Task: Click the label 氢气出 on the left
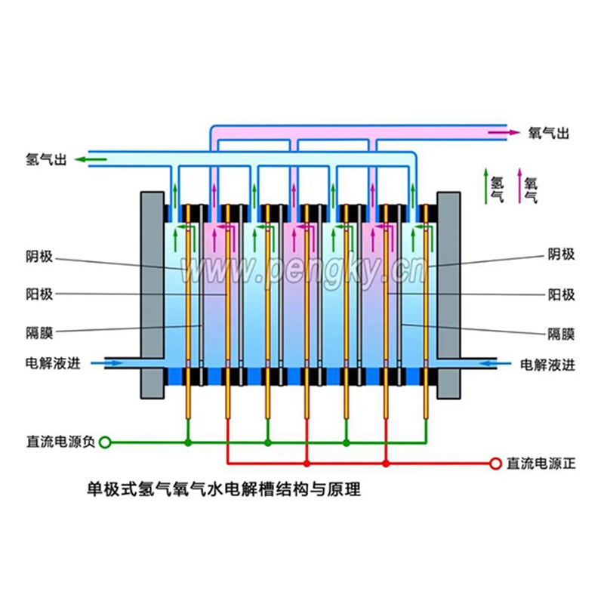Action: tap(47, 159)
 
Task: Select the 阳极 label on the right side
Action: tap(561, 294)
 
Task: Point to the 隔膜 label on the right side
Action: tap(561, 331)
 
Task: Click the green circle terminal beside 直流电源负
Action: tap(106, 442)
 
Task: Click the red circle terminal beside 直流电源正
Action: tap(496, 463)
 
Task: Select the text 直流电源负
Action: tap(60, 442)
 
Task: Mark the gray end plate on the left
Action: tap(153, 294)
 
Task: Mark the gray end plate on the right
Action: tap(448, 294)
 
